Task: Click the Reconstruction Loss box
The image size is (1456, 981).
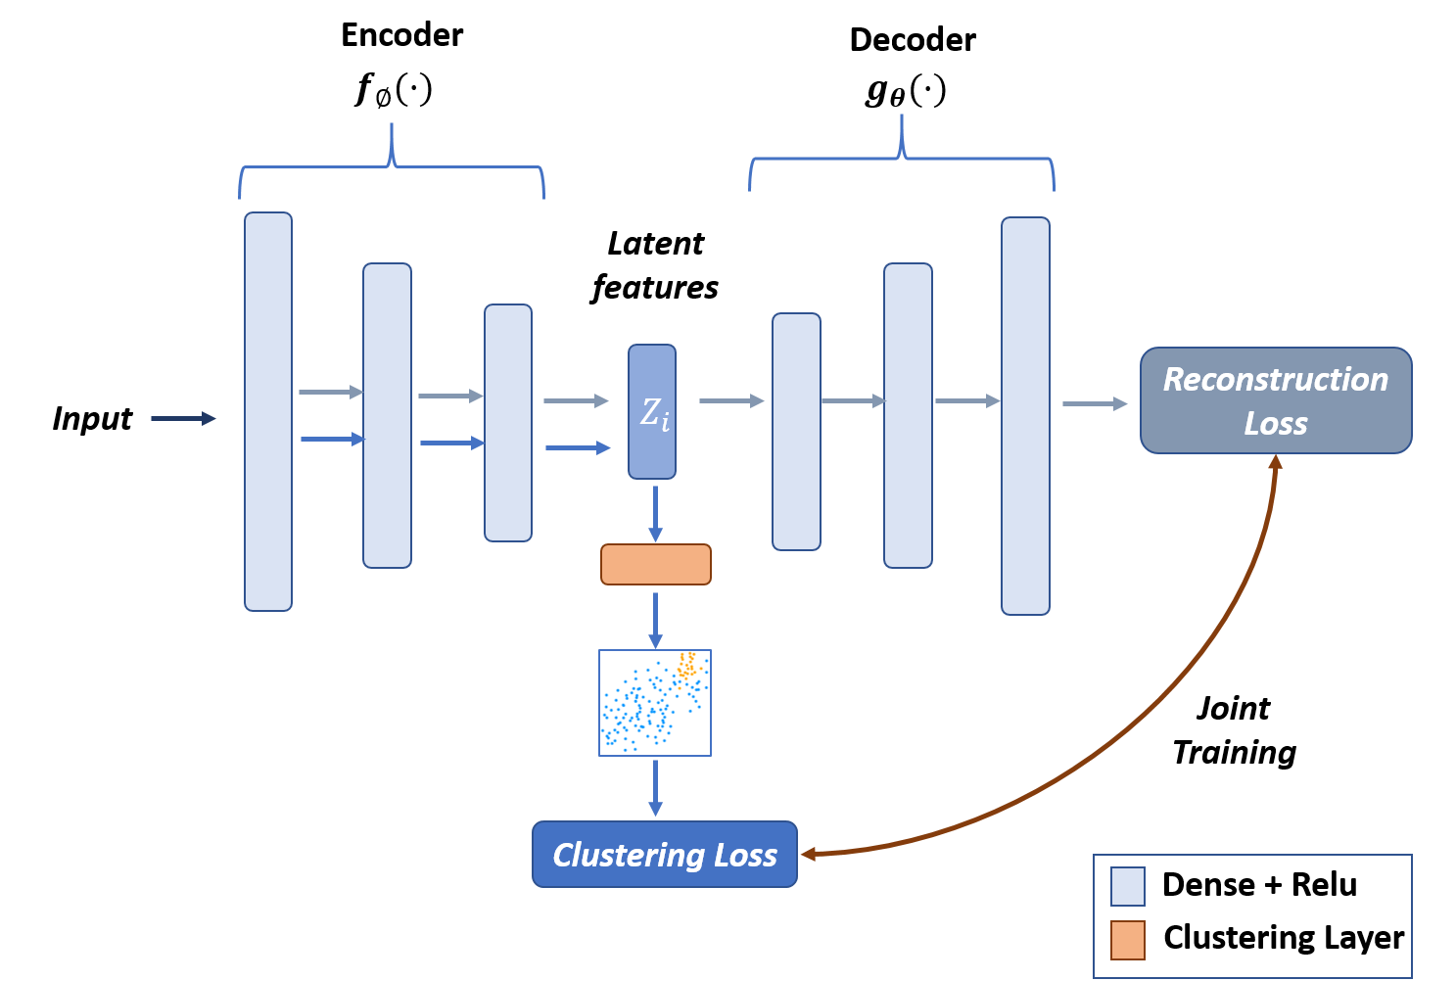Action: (1275, 400)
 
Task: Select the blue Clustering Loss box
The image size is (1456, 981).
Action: (664, 855)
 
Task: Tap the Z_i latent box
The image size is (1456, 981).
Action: (652, 412)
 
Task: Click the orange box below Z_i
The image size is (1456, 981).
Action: (655, 565)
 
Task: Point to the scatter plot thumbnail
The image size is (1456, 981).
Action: (654, 703)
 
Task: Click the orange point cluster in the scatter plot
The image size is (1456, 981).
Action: (687, 667)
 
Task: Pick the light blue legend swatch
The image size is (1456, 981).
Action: (1127, 886)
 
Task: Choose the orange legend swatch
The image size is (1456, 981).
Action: (1127, 940)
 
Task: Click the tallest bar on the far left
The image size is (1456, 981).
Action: (268, 411)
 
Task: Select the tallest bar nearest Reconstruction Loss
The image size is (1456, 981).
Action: (1025, 416)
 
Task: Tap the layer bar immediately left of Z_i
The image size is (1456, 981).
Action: (508, 422)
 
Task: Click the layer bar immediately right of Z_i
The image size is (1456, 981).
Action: (796, 432)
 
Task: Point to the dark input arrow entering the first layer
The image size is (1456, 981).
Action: (183, 419)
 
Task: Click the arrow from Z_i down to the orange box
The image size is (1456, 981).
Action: (655, 513)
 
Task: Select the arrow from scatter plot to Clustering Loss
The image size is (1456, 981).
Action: (655, 788)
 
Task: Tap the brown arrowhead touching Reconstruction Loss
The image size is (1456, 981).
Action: (1275, 461)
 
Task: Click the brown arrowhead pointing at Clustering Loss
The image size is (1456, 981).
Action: (810, 854)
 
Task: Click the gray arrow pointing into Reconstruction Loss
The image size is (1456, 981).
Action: (1094, 403)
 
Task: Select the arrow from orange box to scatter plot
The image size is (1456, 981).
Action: (655, 619)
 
